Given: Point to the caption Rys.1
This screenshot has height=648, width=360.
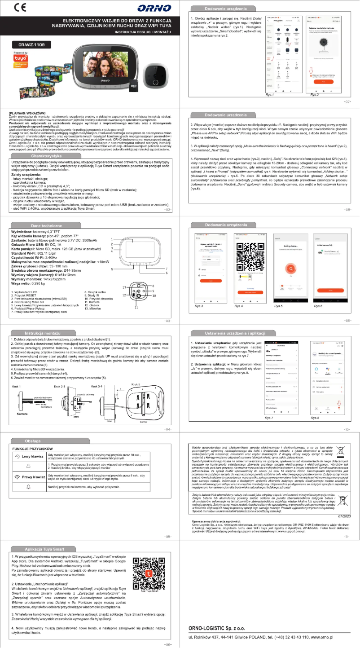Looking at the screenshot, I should pos(270,95).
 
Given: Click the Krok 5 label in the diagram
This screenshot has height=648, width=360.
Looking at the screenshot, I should pos(136,384).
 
